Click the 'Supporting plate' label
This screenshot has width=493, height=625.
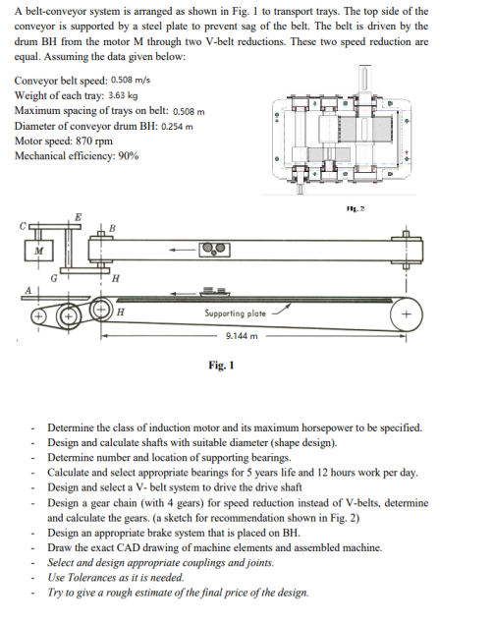[235, 312]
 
